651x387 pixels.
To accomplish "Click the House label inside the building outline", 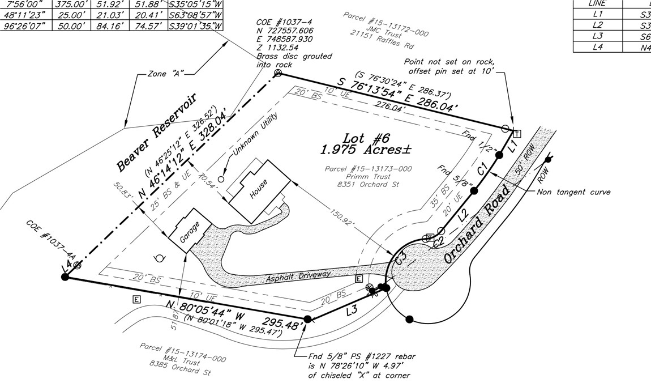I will click(259, 192).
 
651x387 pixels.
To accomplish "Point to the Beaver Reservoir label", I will click(156, 132).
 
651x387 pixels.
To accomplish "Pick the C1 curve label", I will click(482, 169).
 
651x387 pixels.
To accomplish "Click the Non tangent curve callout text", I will click(573, 192).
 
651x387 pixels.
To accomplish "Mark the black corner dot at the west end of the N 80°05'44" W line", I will click(65, 277).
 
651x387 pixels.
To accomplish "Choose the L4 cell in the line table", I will click(597, 47).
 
